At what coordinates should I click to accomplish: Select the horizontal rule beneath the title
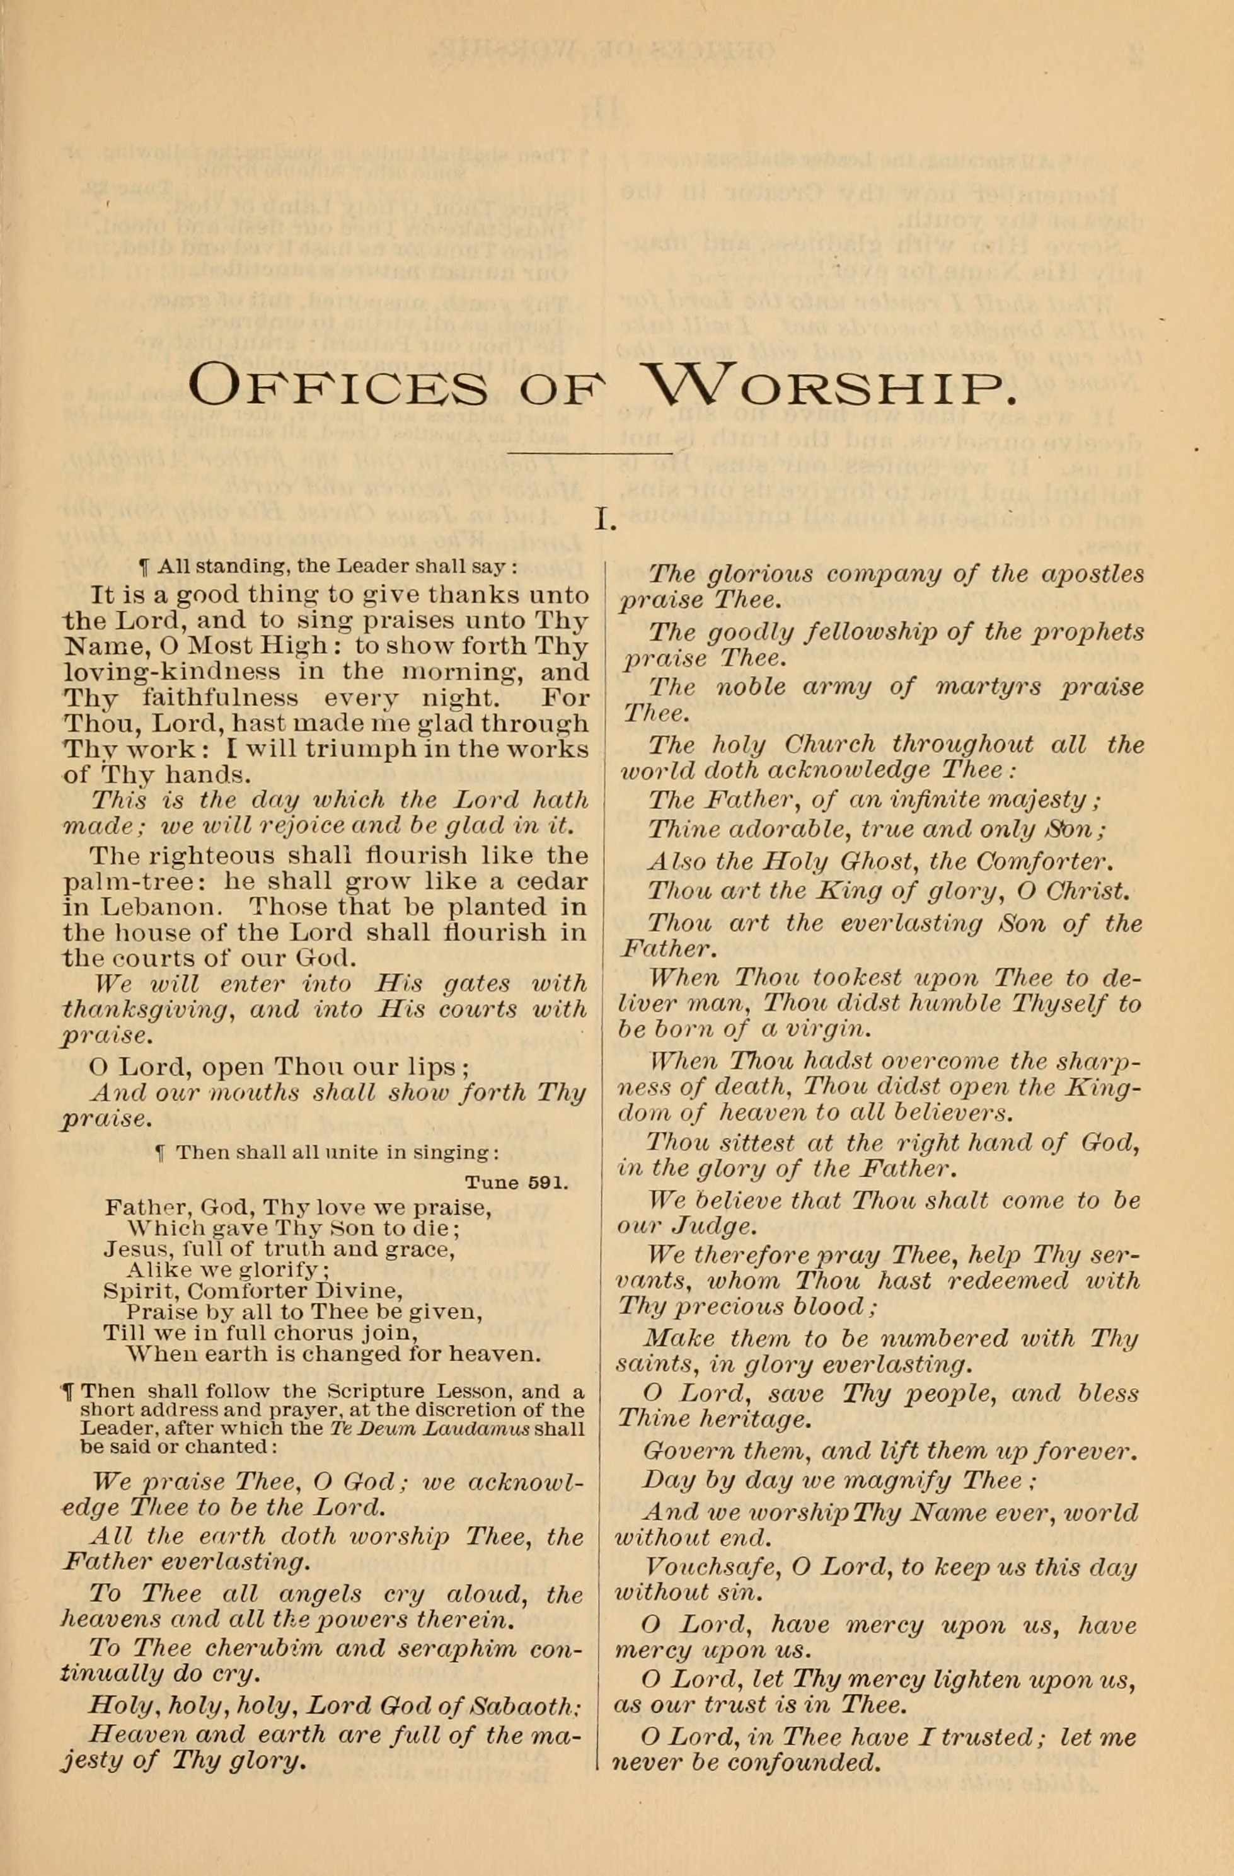pos(591,453)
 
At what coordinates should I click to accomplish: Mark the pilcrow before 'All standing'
pos(144,567)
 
